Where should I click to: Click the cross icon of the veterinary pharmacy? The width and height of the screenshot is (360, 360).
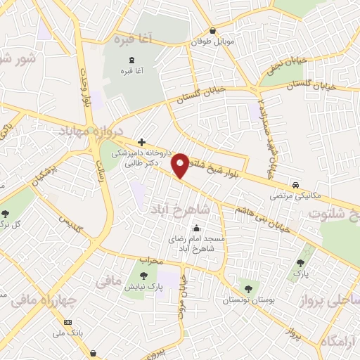coord(142,142)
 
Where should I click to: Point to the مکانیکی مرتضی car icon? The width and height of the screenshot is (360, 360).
coord(297,185)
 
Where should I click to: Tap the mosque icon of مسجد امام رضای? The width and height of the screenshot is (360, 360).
coord(195,228)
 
